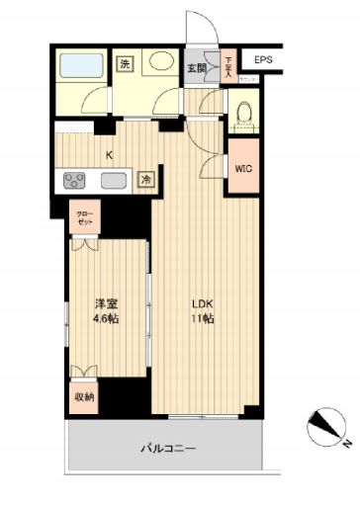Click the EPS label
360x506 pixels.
[262, 61]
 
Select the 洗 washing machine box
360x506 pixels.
[125, 64]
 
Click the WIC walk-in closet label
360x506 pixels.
[242, 168]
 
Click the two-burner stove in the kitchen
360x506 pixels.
[75, 180]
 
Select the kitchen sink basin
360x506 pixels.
[112, 181]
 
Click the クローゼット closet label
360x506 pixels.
[82, 217]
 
